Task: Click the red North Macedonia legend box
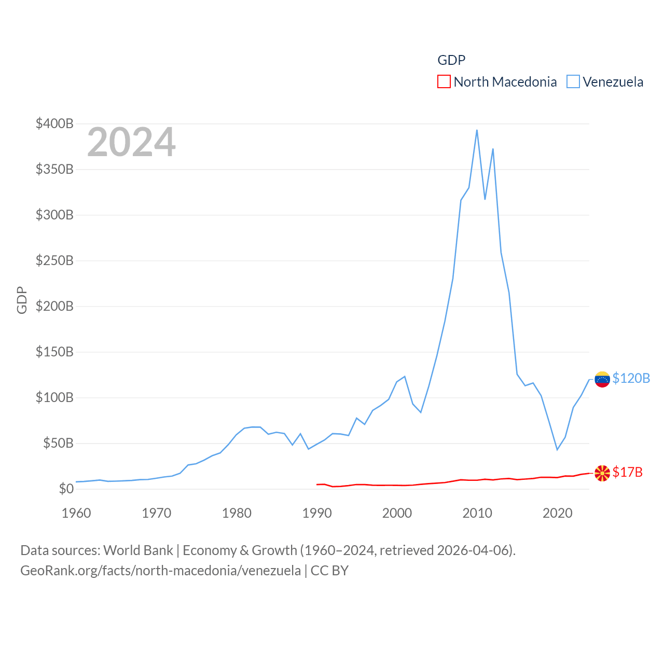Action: point(444,82)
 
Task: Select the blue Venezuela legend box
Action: point(573,82)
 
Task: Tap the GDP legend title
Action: point(451,60)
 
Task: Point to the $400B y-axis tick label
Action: point(54,123)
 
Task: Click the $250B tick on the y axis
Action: point(54,260)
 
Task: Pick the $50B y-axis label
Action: point(58,443)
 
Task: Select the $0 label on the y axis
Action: point(66,489)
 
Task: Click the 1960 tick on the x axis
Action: point(76,513)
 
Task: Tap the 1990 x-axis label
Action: point(317,513)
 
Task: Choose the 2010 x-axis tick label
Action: point(477,513)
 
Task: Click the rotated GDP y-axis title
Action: point(22,300)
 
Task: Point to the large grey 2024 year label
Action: point(131,142)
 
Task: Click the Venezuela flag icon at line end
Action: point(602,379)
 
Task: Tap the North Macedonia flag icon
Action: point(602,473)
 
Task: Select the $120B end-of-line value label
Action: point(631,378)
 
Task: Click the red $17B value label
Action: point(627,472)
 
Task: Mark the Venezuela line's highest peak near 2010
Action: point(477,130)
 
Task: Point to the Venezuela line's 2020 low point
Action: point(557,449)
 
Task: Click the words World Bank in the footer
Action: point(138,550)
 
